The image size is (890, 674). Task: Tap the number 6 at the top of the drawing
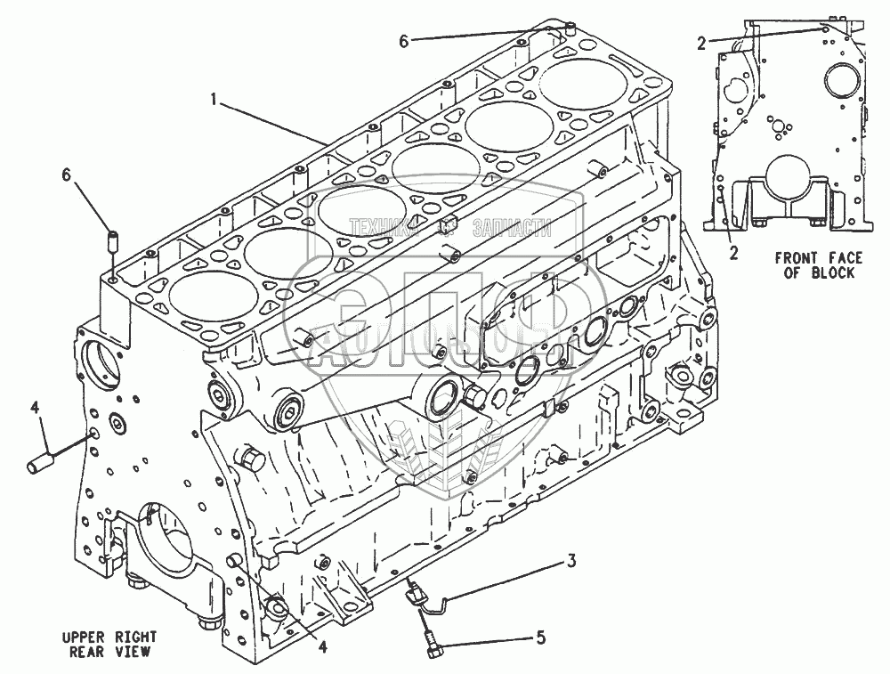tap(404, 40)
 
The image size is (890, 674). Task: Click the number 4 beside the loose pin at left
tap(35, 408)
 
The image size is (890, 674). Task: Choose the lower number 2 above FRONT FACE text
tap(733, 253)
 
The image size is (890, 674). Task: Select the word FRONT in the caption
tap(794, 258)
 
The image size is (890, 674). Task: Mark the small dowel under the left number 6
tap(114, 241)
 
